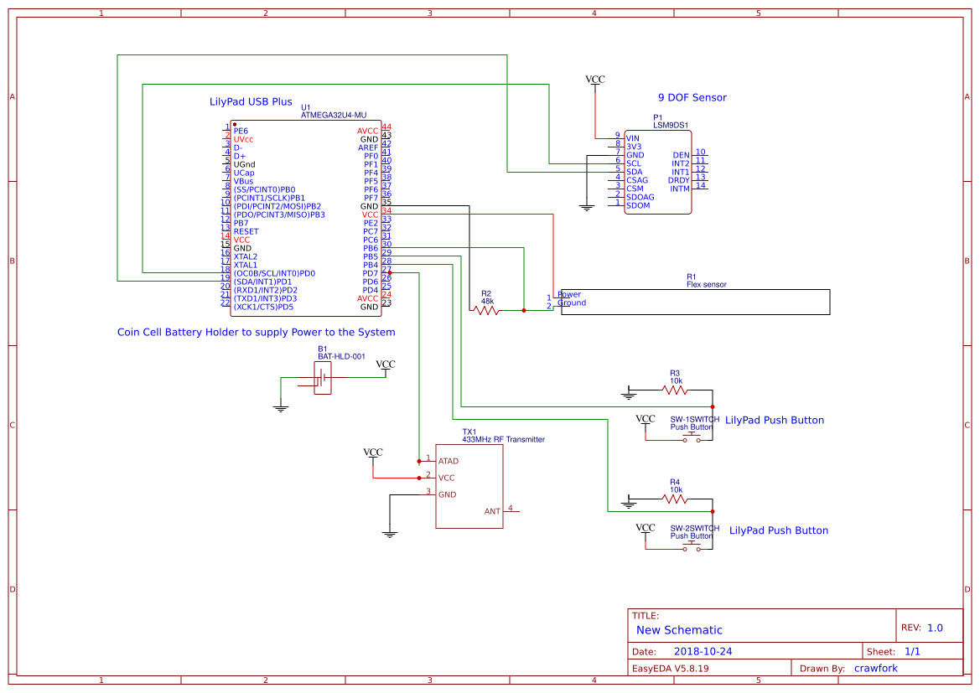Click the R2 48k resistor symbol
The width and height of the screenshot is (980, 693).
(486, 310)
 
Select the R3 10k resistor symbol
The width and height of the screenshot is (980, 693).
(675, 390)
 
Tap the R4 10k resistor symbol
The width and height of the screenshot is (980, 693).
(675, 499)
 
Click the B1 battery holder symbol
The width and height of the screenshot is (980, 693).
(323, 378)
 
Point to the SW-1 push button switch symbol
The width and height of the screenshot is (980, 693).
(692, 437)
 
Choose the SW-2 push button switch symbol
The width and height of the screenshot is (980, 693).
(692, 547)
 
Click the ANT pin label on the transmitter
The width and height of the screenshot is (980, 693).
(492, 511)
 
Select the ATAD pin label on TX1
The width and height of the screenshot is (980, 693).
(449, 461)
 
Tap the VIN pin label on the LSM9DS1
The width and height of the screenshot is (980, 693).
(633, 138)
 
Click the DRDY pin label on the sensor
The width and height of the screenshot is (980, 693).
(678, 180)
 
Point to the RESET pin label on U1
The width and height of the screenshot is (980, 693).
(246, 231)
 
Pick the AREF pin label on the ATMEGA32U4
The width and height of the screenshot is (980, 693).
(368, 147)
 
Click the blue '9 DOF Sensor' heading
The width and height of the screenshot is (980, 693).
(692, 98)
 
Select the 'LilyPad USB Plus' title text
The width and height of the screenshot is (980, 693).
(251, 102)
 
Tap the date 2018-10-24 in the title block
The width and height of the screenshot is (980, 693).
(703, 651)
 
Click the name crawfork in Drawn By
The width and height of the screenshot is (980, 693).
(875, 668)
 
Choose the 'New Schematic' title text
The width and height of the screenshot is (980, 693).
(679, 630)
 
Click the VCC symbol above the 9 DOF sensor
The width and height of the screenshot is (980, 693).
(595, 80)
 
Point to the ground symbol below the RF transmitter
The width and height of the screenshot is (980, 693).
(390, 532)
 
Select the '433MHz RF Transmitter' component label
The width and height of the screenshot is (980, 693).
(503, 439)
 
